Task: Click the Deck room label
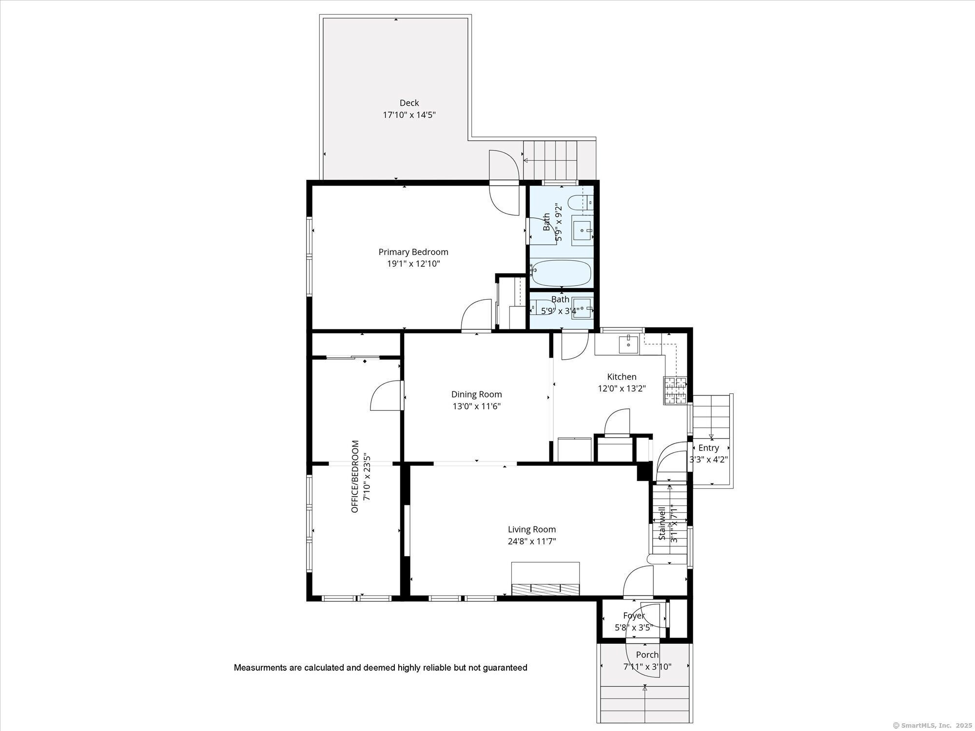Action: (409, 103)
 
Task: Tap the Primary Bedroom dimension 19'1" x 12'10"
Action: (413, 264)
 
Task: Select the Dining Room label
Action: (476, 394)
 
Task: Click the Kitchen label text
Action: (622, 377)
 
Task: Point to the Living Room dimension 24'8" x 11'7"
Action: (531, 541)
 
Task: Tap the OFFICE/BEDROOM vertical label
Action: (355, 476)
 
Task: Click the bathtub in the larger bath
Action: (561, 273)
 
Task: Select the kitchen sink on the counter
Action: (629, 344)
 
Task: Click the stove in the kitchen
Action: (674, 390)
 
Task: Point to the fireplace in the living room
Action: (545, 579)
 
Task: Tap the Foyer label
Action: (633, 616)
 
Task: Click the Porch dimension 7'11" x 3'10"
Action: (647, 667)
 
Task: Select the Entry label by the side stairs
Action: (708, 448)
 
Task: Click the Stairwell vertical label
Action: (662, 523)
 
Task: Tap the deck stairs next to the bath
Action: (551, 160)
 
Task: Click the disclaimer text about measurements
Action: (380, 668)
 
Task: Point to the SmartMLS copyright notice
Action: (931, 725)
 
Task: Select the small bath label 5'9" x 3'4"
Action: (560, 310)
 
